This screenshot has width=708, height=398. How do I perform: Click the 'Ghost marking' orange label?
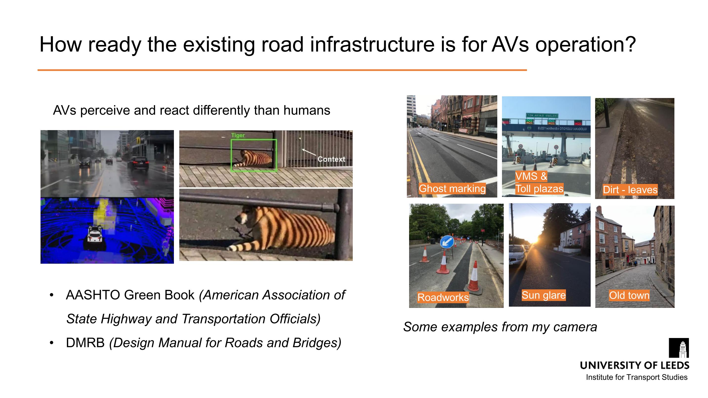click(452, 189)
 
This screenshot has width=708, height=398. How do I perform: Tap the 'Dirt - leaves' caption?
click(630, 190)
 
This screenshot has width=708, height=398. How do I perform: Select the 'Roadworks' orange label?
click(443, 297)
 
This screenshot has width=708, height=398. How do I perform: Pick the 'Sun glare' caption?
click(544, 295)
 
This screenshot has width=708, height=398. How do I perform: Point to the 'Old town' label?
click(629, 295)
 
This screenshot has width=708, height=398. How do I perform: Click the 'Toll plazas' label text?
click(539, 189)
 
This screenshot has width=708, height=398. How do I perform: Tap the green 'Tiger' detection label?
click(238, 135)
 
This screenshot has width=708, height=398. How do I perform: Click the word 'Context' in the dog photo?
click(331, 159)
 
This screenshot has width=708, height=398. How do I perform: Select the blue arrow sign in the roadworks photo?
click(447, 242)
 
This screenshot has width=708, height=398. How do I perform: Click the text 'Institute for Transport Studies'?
click(637, 377)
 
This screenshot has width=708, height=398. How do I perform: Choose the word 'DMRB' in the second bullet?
click(85, 343)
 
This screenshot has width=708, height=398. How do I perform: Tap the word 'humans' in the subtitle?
click(307, 110)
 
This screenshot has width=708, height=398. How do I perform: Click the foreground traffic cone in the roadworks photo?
click(474, 278)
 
